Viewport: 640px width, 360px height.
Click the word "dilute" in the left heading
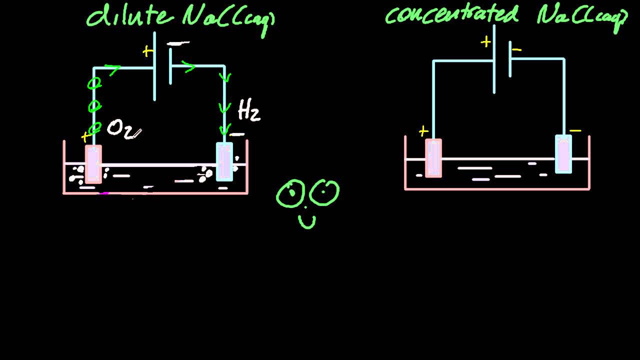(127, 15)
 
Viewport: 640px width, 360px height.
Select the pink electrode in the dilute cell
(93, 164)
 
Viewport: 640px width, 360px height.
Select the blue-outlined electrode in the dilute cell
(224, 161)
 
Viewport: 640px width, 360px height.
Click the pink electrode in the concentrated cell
(433, 158)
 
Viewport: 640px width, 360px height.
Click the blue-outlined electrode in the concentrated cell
(563, 154)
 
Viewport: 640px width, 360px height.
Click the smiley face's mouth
(307, 221)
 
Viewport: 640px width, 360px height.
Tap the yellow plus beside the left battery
(147, 51)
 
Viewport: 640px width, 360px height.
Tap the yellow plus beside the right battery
(485, 42)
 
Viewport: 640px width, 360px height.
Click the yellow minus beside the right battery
(517, 49)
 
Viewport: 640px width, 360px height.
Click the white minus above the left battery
(178, 44)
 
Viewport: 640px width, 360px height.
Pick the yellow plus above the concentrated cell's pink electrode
(423, 131)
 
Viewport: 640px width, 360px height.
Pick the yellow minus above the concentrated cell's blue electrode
(575, 131)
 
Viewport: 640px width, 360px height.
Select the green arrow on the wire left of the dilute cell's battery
(112, 70)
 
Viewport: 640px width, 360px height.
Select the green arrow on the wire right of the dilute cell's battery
(189, 67)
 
